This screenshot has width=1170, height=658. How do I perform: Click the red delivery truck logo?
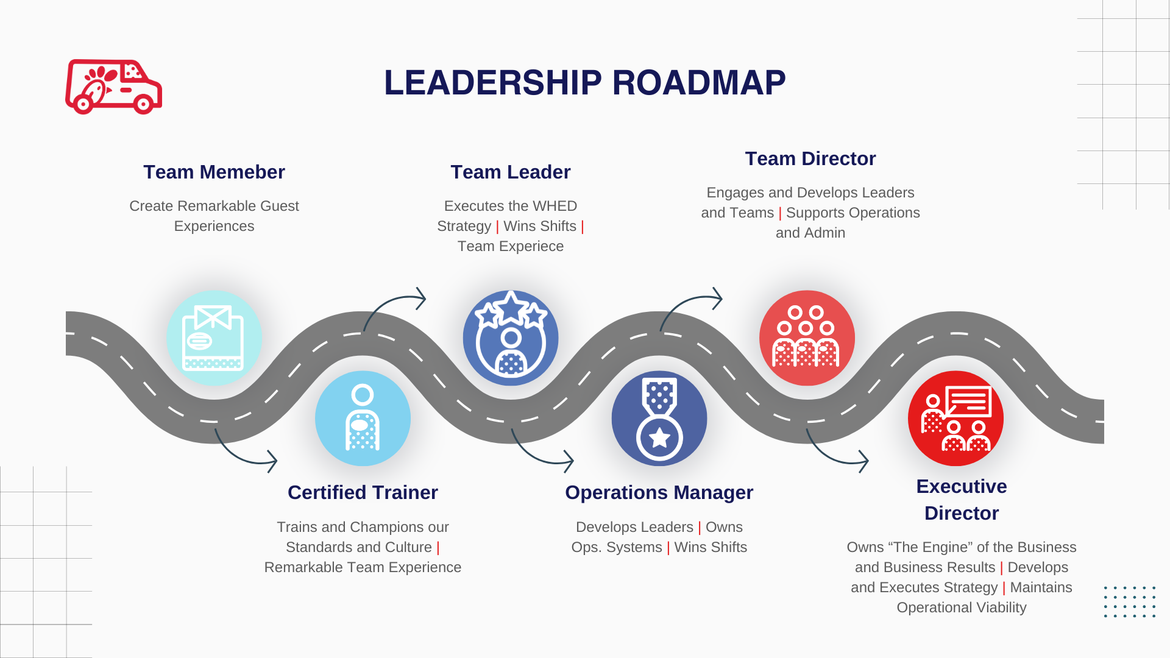(x=113, y=87)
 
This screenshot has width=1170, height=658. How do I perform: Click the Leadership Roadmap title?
(x=584, y=83)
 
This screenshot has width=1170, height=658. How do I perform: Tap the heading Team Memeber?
(x=214, y=172)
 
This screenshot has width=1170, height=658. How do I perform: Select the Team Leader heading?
(x=511, y=172)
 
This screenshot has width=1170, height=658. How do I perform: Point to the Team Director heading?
(x=810, y=158)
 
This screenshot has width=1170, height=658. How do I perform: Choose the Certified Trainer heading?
(x=363, y=492)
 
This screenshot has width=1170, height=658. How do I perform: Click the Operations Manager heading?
(x=659, y=492)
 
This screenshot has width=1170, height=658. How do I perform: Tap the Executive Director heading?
(x=961, y=500)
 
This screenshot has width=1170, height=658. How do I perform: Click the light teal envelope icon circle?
(x=214, y=338)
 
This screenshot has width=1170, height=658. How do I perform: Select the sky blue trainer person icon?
(x=363, y=419)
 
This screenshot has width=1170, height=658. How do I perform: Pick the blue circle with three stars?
(x=511, y=338)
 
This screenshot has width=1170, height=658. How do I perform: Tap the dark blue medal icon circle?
(x=659, y=419)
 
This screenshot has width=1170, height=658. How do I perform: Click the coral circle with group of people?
(x=807, y=338)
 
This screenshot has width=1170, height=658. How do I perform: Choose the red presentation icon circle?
(x=955, y=419)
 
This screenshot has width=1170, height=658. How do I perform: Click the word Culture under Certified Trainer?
(x=408, y=547)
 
